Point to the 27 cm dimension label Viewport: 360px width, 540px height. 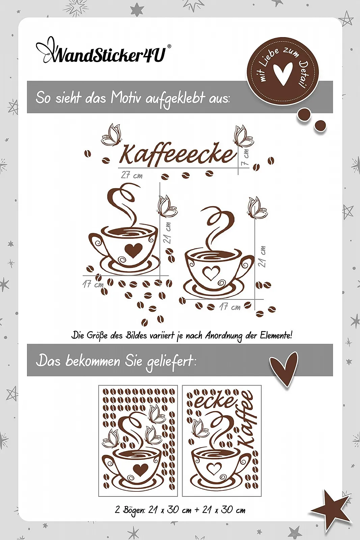[x=132, y=175]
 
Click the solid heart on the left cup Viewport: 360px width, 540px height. [x=133, y=250]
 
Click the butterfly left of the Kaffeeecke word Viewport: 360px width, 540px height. [x=111, y=135]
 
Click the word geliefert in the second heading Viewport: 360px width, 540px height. [x=170, y=361]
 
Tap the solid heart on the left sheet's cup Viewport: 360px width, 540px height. [x=140, y=469]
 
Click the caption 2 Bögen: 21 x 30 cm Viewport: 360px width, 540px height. [x=180, y=510]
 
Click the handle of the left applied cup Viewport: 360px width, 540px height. [x=96, y=243]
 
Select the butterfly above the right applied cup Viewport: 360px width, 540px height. [x=257, y=208]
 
